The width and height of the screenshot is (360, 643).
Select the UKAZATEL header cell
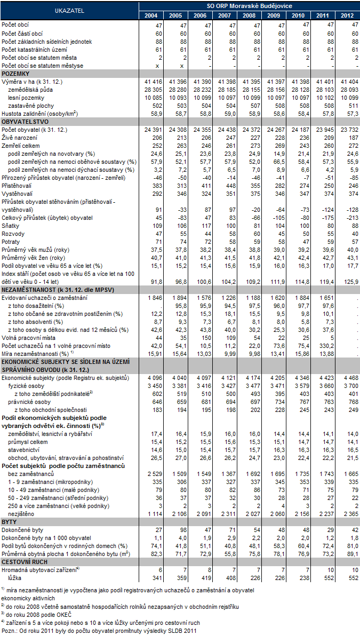click(x=69, y=10)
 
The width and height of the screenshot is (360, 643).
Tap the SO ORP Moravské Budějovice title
click(x=249, y=5)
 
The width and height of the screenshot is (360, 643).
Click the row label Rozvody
click(x=13, y=234)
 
